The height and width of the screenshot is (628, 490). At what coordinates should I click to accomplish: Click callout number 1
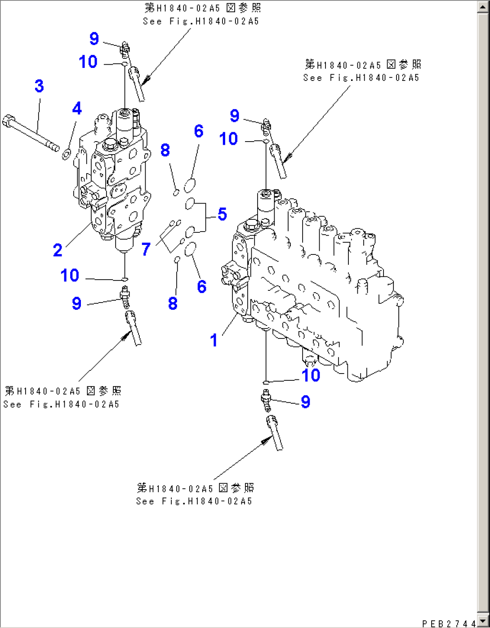pyautogui.click(x=214, y=340)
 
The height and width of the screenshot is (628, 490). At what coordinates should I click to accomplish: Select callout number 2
pyautogui.click(x=58, y=250)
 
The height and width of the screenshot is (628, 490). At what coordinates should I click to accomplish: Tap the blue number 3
pyautogui.click(x=39, y=86)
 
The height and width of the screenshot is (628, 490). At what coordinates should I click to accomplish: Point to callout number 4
pyautogui.click(x=77, y=108)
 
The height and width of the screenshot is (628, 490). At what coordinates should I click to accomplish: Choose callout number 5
pyautogui.click(x=222, y=214)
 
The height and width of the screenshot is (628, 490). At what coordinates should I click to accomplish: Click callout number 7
pyautogui.click(x=146, y=249)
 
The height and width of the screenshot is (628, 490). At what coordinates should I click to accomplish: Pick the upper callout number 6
pyautogui.click(x=198, y=131)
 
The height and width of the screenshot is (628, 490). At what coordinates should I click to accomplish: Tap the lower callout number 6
pyautogui.click(x=201, y=286)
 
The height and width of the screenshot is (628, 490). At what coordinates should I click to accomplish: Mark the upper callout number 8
pyautogui.click(x=165, y=150)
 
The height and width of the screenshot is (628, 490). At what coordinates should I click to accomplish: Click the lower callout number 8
pyautogui.click(x=173, y=303)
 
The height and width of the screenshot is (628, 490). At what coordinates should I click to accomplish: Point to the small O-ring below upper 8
pyautogui.click(x=177, y=193)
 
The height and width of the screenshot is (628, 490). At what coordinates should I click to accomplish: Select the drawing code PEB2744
pyautogui.click(x=449, y=624)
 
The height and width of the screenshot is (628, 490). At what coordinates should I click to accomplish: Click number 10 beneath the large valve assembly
pyautogui.click(x=311, y=375)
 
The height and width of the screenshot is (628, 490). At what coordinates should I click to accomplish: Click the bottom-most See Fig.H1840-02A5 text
pyautogui.click(x=194, y=501)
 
